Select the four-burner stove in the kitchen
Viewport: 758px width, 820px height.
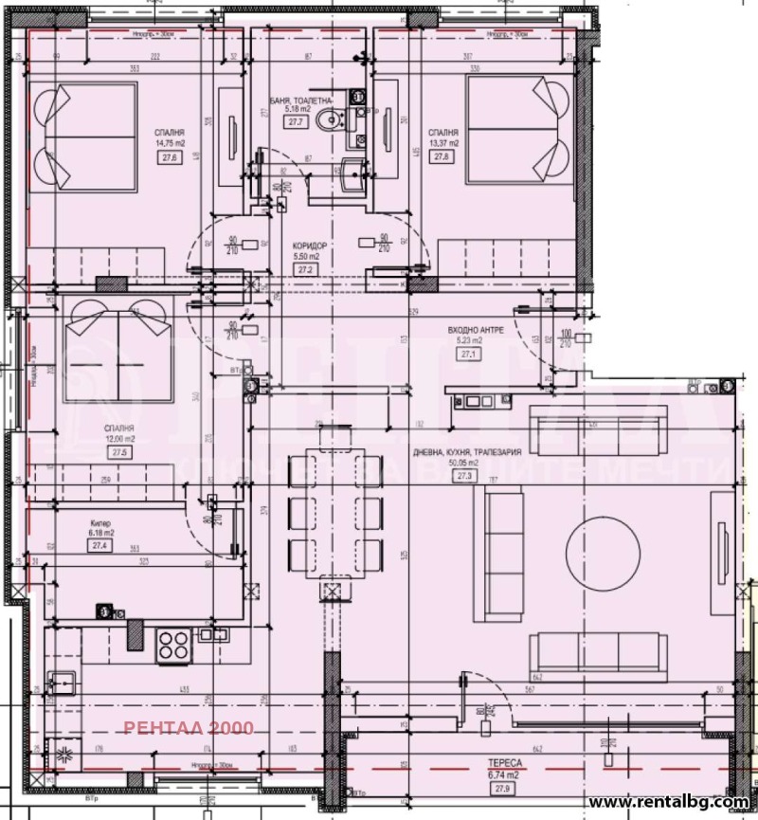coord(174,646)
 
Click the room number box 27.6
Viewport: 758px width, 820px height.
coord(171,158)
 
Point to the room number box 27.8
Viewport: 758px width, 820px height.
coord(441,157)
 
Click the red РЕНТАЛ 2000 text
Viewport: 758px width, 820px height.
coord(189,728)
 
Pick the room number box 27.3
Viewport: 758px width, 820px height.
coord(463,477)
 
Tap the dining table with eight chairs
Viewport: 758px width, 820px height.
coord(334,513)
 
